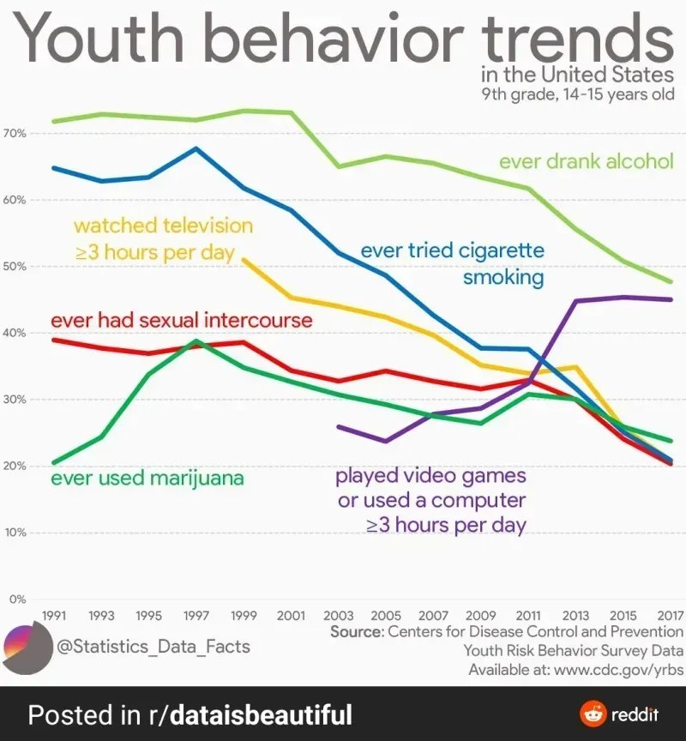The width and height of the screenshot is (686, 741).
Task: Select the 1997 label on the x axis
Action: click(196, 616)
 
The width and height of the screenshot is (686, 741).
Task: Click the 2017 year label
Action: click(670, 616)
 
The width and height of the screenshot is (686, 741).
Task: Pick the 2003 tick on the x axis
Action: click(339, 616)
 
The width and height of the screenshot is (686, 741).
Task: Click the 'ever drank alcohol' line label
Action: click(586, 161)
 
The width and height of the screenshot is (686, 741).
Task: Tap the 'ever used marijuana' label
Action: click(147, 478)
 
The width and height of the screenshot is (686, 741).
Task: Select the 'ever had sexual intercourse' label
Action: click(182, 321)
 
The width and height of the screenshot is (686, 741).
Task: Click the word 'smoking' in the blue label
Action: click(503, 278)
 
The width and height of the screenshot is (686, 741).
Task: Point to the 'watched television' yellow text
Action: click(163, 226)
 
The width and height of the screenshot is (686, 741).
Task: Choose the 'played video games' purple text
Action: click(430, 475)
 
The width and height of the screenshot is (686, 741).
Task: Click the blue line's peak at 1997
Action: click(196, 148)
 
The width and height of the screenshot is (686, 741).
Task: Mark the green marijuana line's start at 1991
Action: click(55, 462)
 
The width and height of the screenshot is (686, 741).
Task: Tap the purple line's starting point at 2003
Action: click(339, 426)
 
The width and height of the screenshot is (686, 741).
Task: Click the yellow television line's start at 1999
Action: click(244, 258)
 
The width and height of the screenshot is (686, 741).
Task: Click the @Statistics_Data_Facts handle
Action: click(153, 645)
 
